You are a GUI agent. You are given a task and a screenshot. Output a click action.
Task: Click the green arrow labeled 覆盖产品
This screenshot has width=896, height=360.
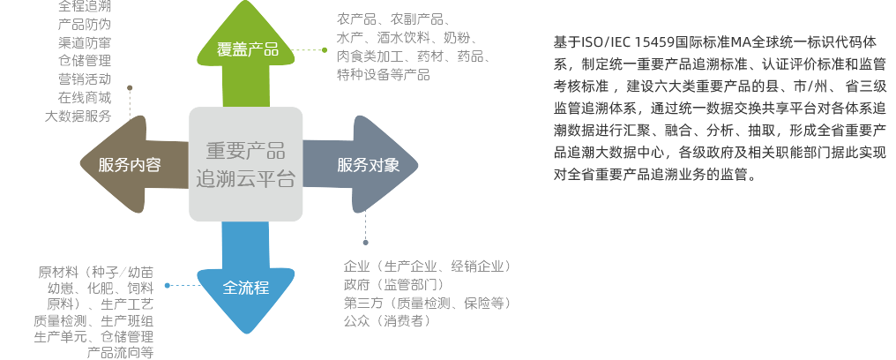tap(247, 49)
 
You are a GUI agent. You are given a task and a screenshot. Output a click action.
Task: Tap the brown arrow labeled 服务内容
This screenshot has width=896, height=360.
tap(129, 164)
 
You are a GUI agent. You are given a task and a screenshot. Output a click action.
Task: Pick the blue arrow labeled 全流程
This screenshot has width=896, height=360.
tap(245, 288)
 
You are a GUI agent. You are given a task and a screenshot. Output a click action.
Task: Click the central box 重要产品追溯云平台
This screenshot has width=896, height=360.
tap(246, 164)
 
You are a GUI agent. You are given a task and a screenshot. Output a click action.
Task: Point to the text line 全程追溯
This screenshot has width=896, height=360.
tap(85, 6)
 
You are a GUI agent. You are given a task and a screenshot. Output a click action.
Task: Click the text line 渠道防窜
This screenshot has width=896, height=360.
tap(85, 42)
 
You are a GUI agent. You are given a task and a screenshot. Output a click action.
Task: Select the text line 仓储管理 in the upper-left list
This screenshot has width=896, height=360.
tap(85, 61)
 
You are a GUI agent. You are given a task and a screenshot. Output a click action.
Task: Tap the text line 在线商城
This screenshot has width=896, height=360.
tap(85, 97)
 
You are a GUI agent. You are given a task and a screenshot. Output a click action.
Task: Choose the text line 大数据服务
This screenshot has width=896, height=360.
tap(78, 116)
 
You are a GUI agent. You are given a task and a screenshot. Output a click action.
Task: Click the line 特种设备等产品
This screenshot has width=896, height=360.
tap(384, 74)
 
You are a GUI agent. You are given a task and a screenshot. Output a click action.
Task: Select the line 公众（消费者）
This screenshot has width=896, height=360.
tap(387, 321)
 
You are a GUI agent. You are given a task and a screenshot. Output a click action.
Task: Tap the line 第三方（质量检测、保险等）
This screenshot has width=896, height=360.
tap(427, 303)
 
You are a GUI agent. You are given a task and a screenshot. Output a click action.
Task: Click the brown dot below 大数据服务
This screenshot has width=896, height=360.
tap(130, 87)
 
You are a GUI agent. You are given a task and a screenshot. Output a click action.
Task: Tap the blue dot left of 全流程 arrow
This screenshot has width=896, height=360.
tap(168, 285)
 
